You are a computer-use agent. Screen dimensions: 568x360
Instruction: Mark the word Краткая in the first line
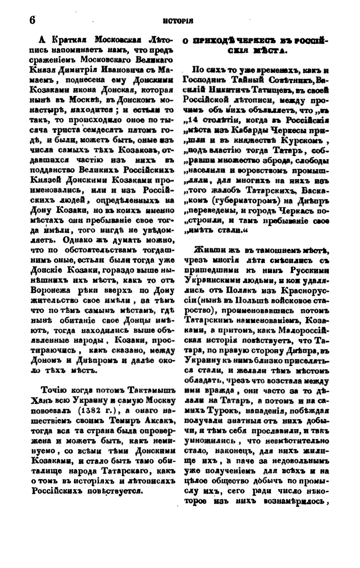point(69,40)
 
